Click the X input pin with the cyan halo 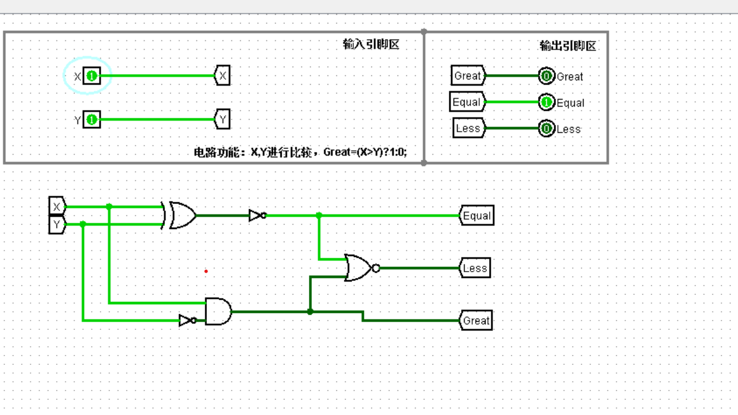pos(92,76)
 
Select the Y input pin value pos(92,120)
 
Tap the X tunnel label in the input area pos(222,76)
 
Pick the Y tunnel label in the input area pos(222,119)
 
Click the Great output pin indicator pos(546,76)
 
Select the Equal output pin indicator pos(546,103)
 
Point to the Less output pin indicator pos(546,128)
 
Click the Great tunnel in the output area pos(468,76)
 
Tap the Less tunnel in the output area pos(468,128)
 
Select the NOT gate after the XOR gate pos(257,216)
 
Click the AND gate pos(218,311)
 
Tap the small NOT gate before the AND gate pos(187,320)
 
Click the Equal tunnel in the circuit pos(476,216)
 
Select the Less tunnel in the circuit pos(475,268)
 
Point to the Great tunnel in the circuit pos(476,321)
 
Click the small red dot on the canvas pos(206,271)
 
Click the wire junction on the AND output pos(310,312)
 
